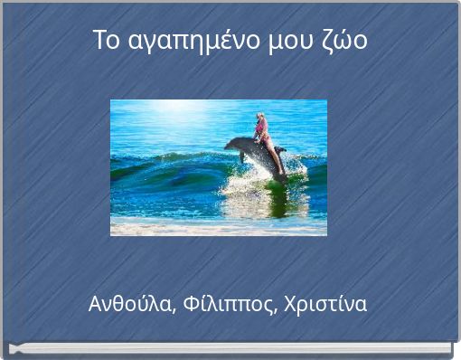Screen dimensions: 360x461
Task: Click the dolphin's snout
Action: coord(228,144)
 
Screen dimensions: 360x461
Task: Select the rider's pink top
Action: coord(262,132)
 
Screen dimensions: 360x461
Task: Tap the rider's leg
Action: coord(274,156)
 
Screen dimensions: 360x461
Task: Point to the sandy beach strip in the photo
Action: coord(217,229)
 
